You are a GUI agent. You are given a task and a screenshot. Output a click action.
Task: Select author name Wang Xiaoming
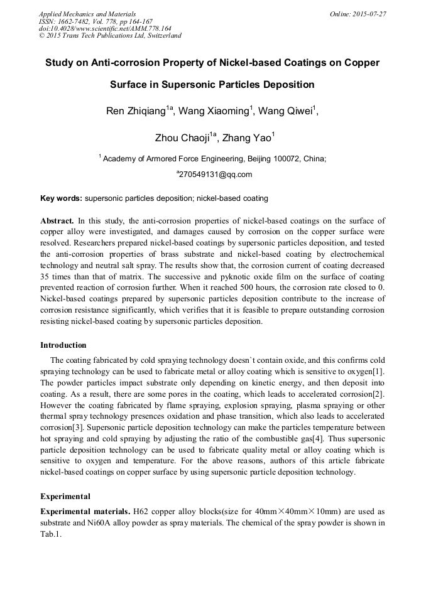coord(214,111)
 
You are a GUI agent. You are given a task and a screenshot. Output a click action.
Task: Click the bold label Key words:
coord(61,198)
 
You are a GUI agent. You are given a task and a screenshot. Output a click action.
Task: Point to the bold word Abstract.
coord(57,221)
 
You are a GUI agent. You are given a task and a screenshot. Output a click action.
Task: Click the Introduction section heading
coord(63,345)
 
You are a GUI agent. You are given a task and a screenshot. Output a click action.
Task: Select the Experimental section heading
coord(65,496)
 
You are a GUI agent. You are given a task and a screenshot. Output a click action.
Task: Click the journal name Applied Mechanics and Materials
coord(87,13)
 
